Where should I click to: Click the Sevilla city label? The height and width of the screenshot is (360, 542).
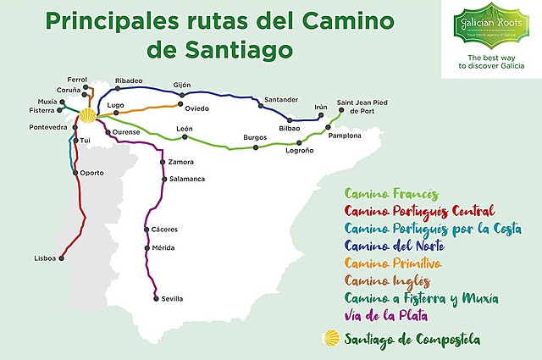coord(172,299)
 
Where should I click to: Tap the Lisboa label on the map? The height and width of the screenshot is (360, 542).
coord(45,258)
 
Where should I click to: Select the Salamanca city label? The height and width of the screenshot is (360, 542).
coord(188,179)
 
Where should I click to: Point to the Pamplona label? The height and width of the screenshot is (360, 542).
coord(345,136)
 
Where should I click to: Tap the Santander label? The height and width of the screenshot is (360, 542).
coord(280,100)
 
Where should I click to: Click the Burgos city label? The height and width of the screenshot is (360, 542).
coord(255,137)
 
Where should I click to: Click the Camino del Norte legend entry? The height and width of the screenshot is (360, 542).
coord(394,246)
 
